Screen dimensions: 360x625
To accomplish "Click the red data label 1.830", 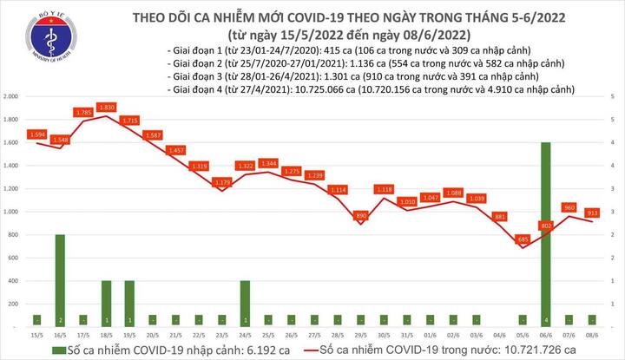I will click(108, 107).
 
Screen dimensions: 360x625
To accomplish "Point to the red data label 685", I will click(522, 239).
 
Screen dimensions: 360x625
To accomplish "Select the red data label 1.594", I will click(36, 134).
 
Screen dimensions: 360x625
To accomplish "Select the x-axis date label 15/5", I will click(36, 334).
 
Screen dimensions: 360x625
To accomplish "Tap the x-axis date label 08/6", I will click(592, 334).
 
